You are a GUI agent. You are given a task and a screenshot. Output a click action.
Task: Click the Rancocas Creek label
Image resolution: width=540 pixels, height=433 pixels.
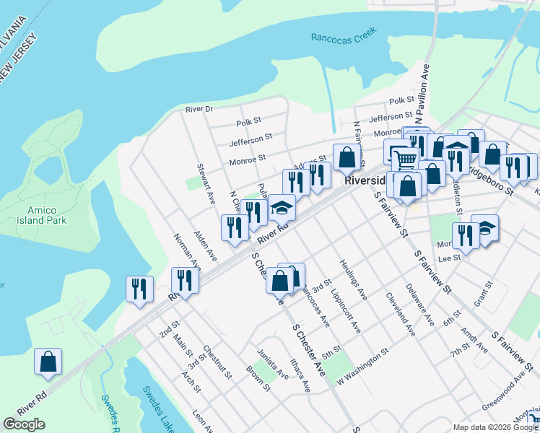click(344, 38)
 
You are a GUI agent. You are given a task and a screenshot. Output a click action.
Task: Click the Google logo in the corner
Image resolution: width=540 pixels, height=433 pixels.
click(24, 424)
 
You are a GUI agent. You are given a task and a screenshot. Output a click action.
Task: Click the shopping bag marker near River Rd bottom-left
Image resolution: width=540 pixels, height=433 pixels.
click(48, 362)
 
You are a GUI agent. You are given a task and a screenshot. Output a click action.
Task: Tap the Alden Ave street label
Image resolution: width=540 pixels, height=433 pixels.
click(205, 245)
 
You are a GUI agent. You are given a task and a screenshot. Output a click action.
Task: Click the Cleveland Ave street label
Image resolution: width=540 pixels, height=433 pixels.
click(400, 315)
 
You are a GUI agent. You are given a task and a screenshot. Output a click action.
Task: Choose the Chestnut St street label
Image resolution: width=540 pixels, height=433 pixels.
click(217, 362)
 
